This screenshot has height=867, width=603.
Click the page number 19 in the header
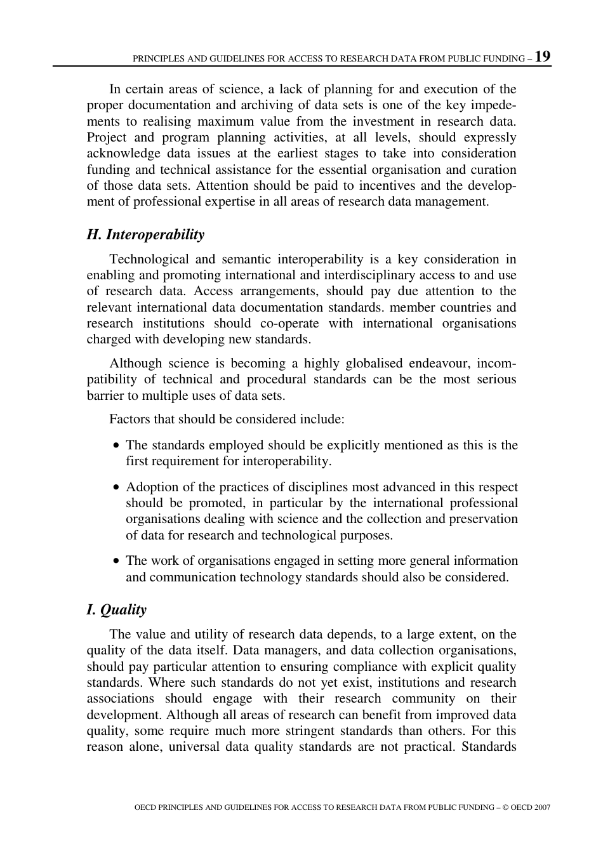point(543,56)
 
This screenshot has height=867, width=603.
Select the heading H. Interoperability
point(145,235)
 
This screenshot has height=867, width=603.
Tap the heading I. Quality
point(116,610)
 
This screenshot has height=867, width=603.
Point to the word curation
point(494,169)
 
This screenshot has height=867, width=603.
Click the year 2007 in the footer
point(542,807)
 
